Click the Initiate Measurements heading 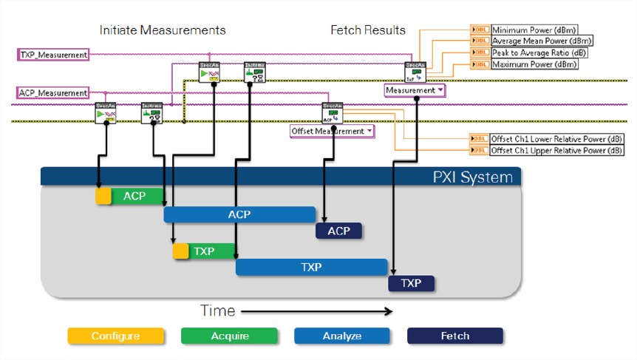pyautogui.click(x=163, y=30)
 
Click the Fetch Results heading pyautogui.click(x=367, y=30)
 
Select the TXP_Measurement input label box pyautogui.click(x=53, y=55)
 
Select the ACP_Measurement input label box pyautogui.click(x=53, y=92)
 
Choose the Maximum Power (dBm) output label pyautogui.click(x=534, y=64)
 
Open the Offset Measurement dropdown pyautogui.click(x=332, y=131)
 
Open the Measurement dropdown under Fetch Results pyautogui.click(x=415, y=90)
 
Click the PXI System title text pyautogui.click(x=472, y=177)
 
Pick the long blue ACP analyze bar pyautogui.click(x=239, y=214)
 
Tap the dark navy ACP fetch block pyautogui.click(x=338, y=231)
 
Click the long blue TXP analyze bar pyautogui.click(x=311, y=267)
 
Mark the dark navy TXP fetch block pyautogui.click(x=411, y=284)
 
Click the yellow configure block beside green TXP pyautogui.click(x=181, y=251)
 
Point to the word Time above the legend pyautogui.click(x=218, y=310)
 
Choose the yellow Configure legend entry pyautogui.click(x=115, y=336)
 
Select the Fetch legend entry pyautogui.click(x=454, y=336)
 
